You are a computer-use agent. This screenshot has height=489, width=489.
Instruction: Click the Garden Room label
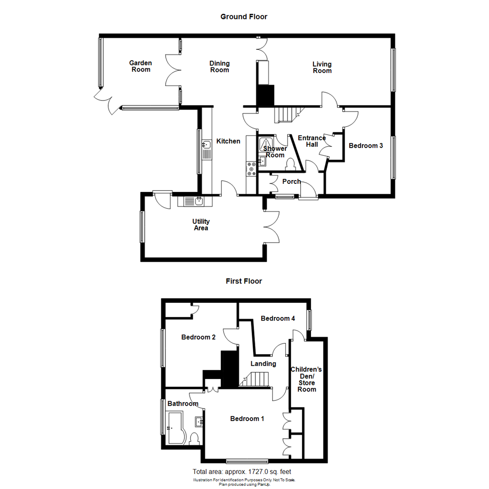tap(141, 66)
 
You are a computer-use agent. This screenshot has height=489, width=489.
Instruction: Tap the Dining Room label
tap(220, 67)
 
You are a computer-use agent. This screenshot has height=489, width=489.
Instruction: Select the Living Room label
tap(322, 67)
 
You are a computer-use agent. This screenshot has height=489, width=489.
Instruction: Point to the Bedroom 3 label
tap(366, 146)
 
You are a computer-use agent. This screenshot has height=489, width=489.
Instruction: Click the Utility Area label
tap(201, 225)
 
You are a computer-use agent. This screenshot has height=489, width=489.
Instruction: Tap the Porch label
tap(291, 182)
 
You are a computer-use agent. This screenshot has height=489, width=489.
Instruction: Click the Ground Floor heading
tap(244, 17)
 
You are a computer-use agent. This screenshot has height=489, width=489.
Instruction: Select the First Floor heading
tap(244, 281)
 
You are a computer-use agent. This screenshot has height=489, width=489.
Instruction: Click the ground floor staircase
tap(286, 115)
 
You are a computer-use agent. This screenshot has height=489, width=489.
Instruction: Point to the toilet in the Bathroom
tap(195, 439)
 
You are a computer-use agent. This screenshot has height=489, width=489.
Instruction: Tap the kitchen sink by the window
tap(206, 145)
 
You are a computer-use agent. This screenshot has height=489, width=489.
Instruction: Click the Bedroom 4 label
tap(278, 319)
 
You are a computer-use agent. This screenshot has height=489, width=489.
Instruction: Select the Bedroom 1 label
tap(247, 419)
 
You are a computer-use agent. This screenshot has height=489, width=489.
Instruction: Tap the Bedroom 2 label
tap(198, 337)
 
